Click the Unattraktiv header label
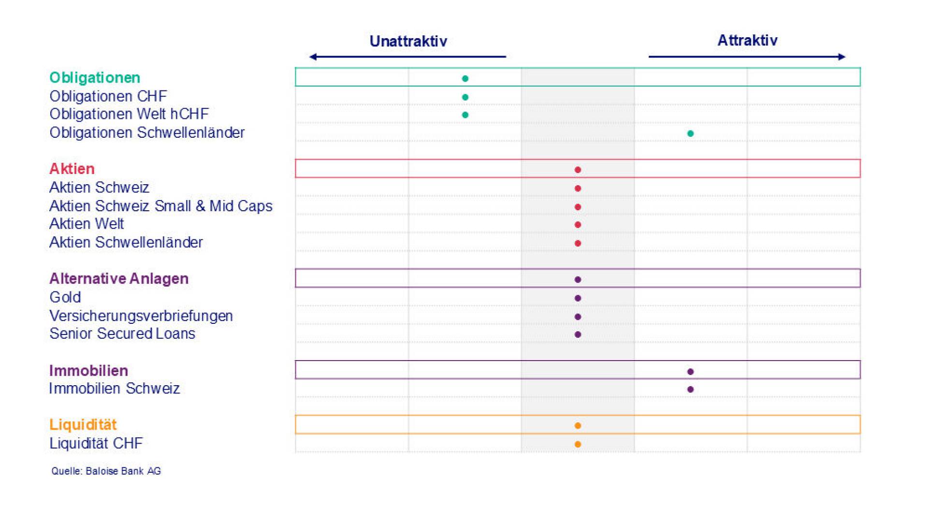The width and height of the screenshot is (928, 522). [x=408, y=41]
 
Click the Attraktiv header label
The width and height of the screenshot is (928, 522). [x=747, y=40]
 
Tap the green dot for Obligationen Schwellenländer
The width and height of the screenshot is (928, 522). [x=690, y=133]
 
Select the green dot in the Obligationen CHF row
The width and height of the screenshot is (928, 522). [x=465, y=97]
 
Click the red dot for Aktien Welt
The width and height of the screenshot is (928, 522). [x=578, y=225]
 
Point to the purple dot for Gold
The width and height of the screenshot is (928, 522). [x=578, y=298]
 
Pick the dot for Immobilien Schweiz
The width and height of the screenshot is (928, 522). [x=690, y=389]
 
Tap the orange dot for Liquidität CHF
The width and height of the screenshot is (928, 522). [x=578, y=444]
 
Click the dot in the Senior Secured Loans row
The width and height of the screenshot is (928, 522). [x=578, y=334]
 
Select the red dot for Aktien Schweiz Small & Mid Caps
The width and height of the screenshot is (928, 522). [x=578, y=207]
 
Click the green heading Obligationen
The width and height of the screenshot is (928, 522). [x=95, y=78]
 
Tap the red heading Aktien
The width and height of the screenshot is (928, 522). [x=72, y=169]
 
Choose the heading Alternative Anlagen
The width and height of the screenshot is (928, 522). [x=119, y=278]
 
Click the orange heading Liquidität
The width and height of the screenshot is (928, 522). [x=83, y=424]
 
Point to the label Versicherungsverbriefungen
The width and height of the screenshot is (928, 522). [x=141, y=316]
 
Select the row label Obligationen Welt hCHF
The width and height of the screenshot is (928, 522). [x=129, y=114]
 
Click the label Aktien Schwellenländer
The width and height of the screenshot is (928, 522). [x=126, y=242]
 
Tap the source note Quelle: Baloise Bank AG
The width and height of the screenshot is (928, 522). [x=106, y=471]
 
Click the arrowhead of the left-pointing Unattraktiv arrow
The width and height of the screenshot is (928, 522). [x=312, y=57]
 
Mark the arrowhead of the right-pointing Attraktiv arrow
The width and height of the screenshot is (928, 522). [x=842, y=57]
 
